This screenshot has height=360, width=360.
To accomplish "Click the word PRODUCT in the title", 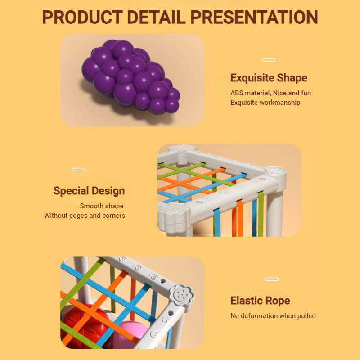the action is [82, 17].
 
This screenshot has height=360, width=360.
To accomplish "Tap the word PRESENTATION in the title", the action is [254, 17].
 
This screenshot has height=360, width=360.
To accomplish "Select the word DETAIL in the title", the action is [156, 17].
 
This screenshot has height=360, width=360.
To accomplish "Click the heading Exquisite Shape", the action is [269, 78].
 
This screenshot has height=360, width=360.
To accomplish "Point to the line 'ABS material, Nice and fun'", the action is [271, 93].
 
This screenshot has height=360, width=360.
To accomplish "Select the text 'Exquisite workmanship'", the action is [265, 103].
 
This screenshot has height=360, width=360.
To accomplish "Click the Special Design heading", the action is [89, 191].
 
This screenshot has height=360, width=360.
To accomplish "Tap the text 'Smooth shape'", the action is [102, 206].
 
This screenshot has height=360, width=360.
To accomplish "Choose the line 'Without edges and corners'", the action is [85, 216].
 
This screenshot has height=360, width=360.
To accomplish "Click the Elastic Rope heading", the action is [260, 301].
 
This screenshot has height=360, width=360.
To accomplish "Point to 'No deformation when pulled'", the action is [273, 316].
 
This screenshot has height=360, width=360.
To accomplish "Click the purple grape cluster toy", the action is [130, 77].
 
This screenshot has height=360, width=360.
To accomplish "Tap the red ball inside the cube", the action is [85, 326].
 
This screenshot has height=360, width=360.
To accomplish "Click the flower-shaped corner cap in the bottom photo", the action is [182, 295].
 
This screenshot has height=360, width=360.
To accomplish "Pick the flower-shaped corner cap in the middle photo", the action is [174, 215].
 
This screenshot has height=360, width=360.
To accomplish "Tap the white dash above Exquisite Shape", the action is [269, 60].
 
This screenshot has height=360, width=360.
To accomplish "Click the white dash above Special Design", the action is [78, 170].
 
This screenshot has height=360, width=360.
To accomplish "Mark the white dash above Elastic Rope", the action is [272, 279].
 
